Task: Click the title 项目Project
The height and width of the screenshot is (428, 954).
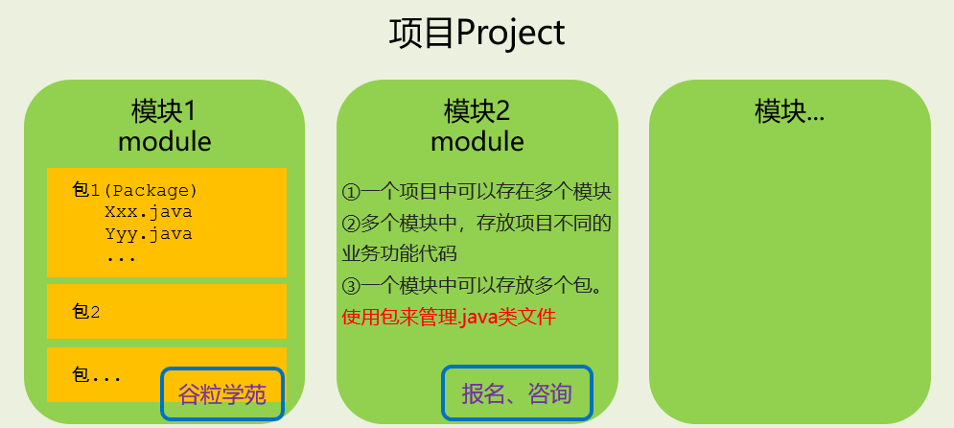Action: point(477,33)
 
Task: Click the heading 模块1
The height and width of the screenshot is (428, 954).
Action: point(164,110)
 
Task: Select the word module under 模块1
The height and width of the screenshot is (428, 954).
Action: point(164,142)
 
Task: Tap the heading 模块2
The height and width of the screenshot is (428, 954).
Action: point(477,110)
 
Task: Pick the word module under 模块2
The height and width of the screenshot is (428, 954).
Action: point(477,142)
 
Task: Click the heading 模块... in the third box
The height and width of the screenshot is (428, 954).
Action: point(789,110)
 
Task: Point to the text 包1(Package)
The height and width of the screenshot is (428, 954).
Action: point(135,189)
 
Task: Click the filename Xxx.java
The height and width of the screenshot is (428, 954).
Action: point(148,211)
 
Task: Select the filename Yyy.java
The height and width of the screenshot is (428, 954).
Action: point(148,233)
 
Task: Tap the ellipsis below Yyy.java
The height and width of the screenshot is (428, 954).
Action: point(121,256)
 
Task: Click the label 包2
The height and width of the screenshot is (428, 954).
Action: point(86,311)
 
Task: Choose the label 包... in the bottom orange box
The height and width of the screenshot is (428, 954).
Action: point(97,374)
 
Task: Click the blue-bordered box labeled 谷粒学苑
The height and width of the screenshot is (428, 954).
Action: point(222,394)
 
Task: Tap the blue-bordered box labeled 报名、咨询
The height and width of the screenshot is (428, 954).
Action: point(517,394)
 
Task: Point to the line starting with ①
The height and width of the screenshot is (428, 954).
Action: point(477,192)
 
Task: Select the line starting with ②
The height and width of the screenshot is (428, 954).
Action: point(477,224)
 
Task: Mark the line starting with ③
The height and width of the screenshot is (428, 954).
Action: point(477,286)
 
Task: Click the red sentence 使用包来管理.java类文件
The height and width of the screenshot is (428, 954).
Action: point(449,317)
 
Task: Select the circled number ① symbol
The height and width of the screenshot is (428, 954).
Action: point(350,192)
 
